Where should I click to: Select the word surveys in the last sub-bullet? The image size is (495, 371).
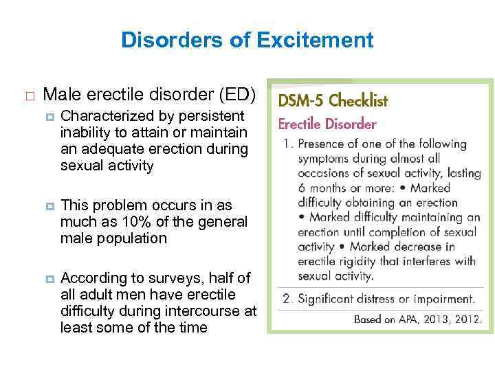tap(167, 278)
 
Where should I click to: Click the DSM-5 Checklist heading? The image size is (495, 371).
tap(333, 101)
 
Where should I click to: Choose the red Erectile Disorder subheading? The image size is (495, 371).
tap(327, 124)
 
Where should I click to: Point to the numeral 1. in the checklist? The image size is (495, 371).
tap(286, 144)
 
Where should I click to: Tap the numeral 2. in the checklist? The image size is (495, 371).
tap(286, 299)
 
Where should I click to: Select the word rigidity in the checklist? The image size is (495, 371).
tap(360, 262)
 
